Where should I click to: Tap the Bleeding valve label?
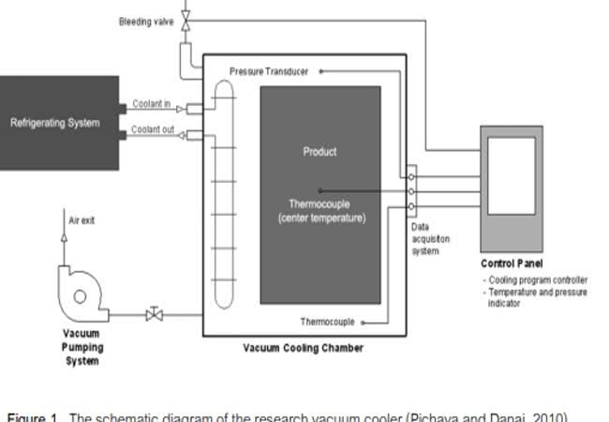click(146, 22)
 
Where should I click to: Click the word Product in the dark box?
click(319, 151)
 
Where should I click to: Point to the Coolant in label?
click(151, 104)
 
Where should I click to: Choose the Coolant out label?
click(153, 129)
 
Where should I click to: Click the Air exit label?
click(82, 221)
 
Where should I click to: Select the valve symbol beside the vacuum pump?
click(155, 315)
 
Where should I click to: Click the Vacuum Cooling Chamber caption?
click(304, 349)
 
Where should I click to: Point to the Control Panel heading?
click(512, 264)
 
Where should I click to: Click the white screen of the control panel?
click(512, 175)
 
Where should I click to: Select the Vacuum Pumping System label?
click(82, 347)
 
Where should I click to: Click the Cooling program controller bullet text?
click(537, 279)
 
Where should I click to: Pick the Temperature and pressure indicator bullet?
click(537, 297)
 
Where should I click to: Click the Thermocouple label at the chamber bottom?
click(327, 323)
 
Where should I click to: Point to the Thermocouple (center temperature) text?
click(320, 211)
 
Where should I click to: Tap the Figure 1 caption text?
click(281, 415)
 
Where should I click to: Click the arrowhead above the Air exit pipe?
click(64, 238)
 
